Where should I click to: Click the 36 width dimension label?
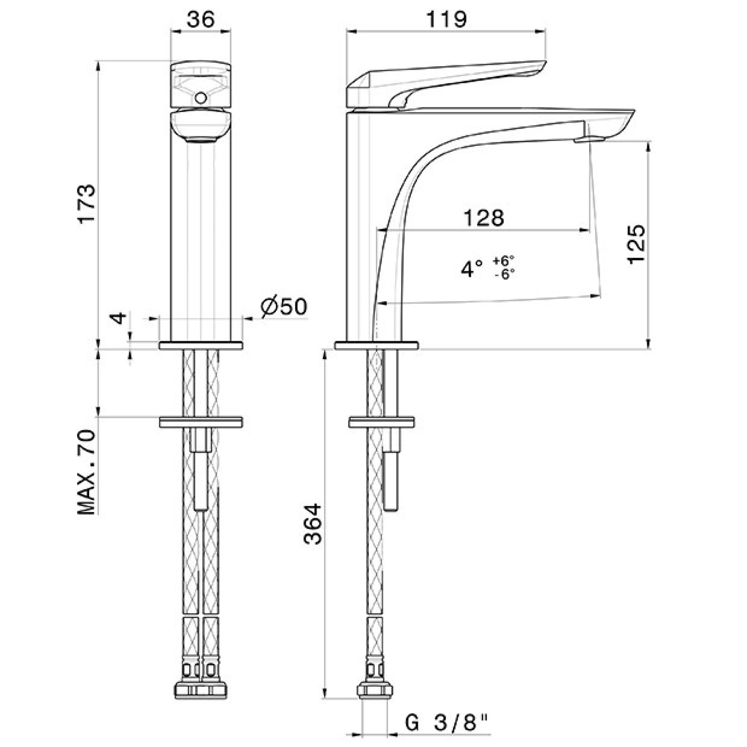[x=201, y=19]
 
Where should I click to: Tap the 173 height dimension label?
[x=86, y=204]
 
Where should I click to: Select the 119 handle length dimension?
[x=446, y=19]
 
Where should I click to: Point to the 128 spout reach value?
[x=484, y=218]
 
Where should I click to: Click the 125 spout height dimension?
[x=636, y=244]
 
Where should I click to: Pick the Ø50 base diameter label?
[x=284, y=307]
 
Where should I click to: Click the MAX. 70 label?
[x=86, y=472]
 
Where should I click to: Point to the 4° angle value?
[x=472, y=269]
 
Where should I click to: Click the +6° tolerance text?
[x=504, y=260]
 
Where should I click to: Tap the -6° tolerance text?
[x=504, y=274]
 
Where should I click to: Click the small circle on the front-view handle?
[x=201, y=98]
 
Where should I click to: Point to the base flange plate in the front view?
[x=201, y=345]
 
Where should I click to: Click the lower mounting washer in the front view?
[x=201, y=422]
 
